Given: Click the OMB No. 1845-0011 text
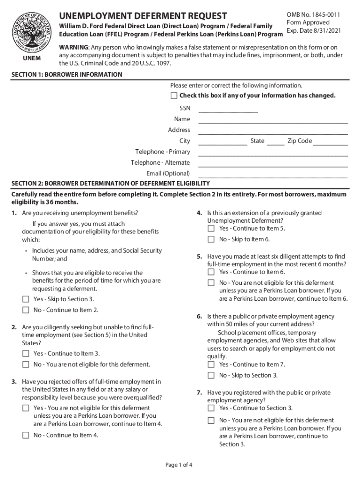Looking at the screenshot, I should [313, 15].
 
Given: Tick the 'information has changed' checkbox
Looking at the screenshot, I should [174, 96].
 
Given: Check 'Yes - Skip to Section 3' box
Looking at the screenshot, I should [26, 299].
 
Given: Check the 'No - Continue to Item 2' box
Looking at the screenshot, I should [26, 310].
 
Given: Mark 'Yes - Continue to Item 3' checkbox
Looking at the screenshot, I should [26, 354].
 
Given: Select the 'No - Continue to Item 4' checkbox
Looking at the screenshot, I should [26, 435].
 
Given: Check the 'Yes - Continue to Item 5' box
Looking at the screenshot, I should [211, 229].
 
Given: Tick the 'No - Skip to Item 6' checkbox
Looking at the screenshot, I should [211, 239].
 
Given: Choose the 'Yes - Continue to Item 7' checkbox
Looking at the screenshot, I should [211, 364].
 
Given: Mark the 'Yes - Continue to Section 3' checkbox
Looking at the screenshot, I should [211, 408].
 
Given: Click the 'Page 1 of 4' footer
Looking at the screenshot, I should [179, 465].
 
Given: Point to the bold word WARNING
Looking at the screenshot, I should [73, 47].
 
